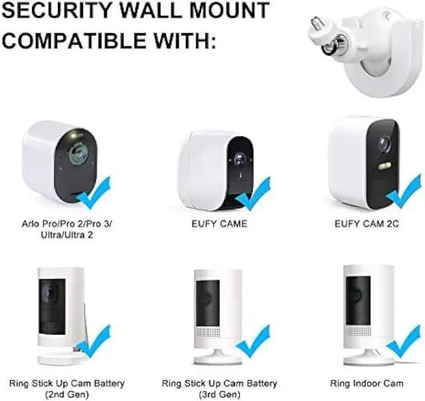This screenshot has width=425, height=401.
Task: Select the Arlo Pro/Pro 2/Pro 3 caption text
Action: click(66, 224)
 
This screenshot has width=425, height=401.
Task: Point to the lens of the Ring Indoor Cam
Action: click(357, 292)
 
